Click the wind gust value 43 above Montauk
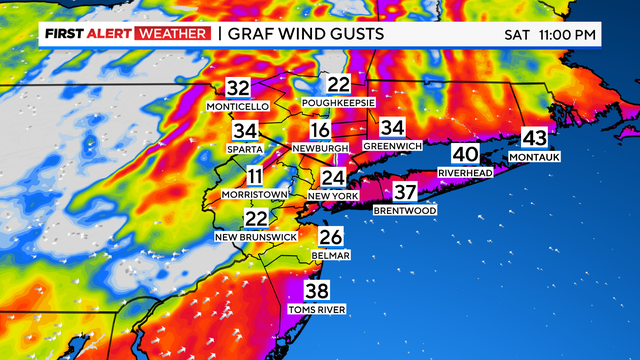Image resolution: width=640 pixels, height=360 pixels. pyautogui.click(x=535, y=139)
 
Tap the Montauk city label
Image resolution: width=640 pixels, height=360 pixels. pyautogui.click(x=535, y=157)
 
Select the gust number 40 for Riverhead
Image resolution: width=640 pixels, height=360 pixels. pyautogui.click(x=465, y=154)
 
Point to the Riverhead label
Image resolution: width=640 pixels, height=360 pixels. pyautogui.click(x=465, y=172)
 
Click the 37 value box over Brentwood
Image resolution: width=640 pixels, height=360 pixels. pyautogui.click(x=404, y=193)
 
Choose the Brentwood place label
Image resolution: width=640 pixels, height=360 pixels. pyautogui.click(x=404, y=211)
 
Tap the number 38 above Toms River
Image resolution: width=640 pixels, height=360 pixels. pyautogui.click(x=317, y=292)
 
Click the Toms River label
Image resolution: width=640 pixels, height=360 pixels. pyautogui.click(x=317, y=310)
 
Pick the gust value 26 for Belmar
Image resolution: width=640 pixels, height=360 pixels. pyautogui.click(x=330, y=237)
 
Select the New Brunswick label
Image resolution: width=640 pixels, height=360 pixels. pyautogui.click(x=256, y=236)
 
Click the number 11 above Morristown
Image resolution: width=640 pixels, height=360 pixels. pyautogui.click(x=257, y=176)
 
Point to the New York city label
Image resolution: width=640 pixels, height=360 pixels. pyautogui.click(x=332, y=196)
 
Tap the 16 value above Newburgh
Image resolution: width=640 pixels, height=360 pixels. pyautogui.click(x=320, y=131)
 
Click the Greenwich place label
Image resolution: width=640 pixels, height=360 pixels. pyautogui.click(x=392, y=146)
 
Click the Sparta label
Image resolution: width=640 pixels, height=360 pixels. pyautogui.click(x=245, y=148)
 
